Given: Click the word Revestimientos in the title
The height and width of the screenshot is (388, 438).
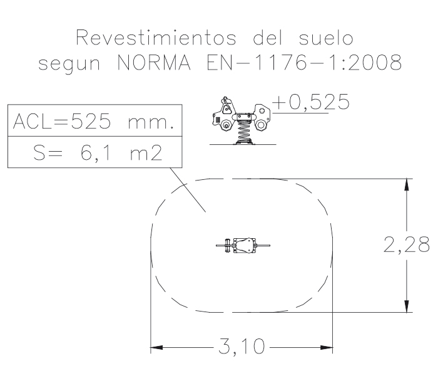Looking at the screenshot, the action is tap(156, 38).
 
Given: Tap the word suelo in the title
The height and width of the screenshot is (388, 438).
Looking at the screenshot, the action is tap(326, 38).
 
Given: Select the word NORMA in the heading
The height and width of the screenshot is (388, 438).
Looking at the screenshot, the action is tap(154, 63).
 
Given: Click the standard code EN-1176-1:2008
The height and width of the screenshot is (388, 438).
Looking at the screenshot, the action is tap(304, 63).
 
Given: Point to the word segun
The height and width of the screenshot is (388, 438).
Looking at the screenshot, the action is tap(69, 65).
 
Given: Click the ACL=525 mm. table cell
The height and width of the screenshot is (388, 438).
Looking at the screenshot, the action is tap(95, 120).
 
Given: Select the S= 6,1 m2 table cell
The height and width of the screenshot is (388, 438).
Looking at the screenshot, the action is tap(95, 152).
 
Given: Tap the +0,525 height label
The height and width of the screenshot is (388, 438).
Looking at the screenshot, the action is tap(310, 102).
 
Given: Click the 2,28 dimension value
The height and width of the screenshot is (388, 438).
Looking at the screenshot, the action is tap(407, 245).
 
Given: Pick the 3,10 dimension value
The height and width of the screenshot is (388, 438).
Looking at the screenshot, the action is tap(241, 347).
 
